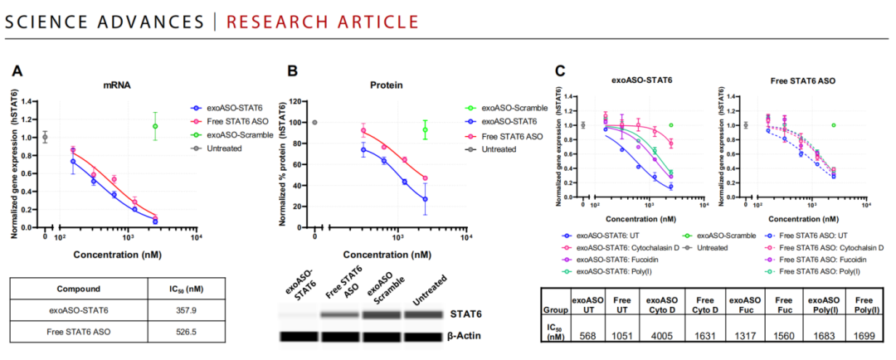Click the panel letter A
pyautogui.click(x=17, y=72)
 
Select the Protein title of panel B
pyautogui.click(x=381, y=85)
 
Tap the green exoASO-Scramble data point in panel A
pyautogui.click(x=154, y=127)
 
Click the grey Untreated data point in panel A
pyautogui.click(x=45, y=137)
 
